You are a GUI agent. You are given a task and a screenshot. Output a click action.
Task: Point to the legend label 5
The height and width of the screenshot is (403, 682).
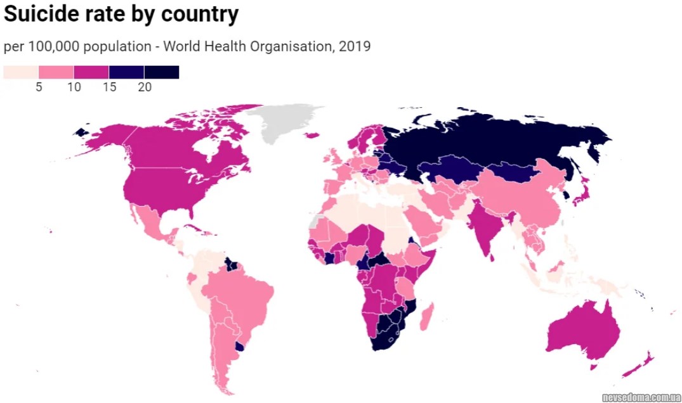pyautogui.click(x=39, y=87)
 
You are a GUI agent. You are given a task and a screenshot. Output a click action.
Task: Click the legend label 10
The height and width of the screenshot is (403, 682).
pyautogui.click(x=74, y=87)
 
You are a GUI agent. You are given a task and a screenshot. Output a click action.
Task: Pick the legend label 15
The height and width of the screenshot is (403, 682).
pyautogui.click(x=109, y=87)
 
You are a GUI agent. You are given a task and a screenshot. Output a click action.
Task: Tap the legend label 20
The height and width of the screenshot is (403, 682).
pyautogui.click(x=145, y=87)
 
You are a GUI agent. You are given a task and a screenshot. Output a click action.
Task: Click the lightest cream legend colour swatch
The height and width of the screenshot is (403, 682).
pyautogui.click(x=21, y=72)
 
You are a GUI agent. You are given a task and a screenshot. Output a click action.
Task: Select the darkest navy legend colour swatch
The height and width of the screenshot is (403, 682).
pyautogui.click(x=162, y=72)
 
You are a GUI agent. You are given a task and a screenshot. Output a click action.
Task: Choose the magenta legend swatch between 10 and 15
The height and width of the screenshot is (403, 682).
pyautogui.click(x=91, y=72)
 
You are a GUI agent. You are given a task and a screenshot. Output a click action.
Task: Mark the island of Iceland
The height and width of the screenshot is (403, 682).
pyautogui.click(x=312, y=134)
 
